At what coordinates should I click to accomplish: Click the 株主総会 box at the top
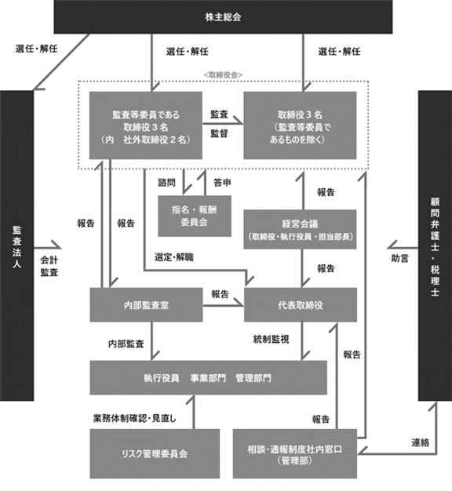[223, 17]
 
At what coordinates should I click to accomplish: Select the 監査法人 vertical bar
[16, 245]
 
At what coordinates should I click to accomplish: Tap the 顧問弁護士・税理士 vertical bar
[435, 245]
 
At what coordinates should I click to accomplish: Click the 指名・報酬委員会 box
[195, 216]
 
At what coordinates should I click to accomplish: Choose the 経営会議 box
[300, 230]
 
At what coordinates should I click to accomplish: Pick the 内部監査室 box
[146, 305]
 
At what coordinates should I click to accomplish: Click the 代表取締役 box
[301, 305]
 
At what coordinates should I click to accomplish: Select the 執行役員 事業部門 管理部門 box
[208, 378]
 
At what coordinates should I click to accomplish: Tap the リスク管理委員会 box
[155, 453]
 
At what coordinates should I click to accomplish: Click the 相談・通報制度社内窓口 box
[295, 453]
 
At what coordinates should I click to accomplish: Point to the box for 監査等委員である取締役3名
[146, 125]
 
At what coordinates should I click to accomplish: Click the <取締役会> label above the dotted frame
[223, 75]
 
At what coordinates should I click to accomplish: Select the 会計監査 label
[49, 266]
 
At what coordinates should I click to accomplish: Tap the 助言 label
[400, 259]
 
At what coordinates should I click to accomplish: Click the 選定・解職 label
[174, 257]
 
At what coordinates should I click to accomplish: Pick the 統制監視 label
[272, 340]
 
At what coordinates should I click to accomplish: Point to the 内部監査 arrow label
[126, 344]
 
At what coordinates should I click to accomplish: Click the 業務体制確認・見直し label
[135, 418]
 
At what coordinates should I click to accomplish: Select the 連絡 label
[420, 443]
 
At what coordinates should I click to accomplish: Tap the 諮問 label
[166, 183]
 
